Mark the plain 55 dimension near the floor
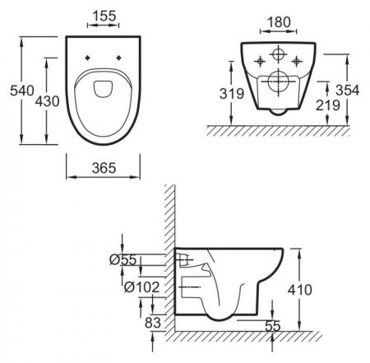[x=273, y=327]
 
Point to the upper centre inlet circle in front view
[x=276, y=55]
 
